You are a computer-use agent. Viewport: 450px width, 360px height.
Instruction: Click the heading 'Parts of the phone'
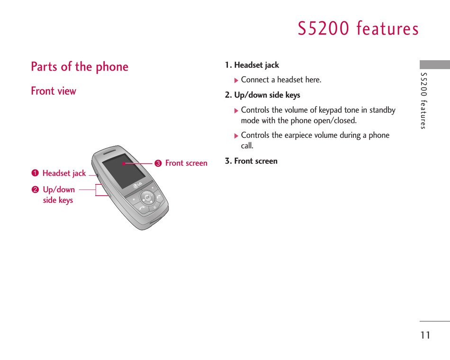pyautogui.click(x=80, y=67)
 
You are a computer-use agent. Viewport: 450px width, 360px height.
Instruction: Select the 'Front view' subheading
pyautogui.click(x=54, y=91)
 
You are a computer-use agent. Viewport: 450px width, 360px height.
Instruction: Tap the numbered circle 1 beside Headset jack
pyautogui.click(x=35, y=173)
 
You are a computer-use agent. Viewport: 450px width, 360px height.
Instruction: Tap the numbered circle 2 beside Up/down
pyautogui.click(x=35, y=189)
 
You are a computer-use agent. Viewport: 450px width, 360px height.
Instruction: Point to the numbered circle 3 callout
pyautogui.click(x=158, y=163)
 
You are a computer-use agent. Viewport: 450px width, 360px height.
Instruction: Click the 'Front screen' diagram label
pyautogui.click(x=186, y=163)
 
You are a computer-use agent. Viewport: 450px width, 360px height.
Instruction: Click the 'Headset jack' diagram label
pyautogui.click(x=64, y=173)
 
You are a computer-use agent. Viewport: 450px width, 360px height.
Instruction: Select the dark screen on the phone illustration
pyautogui.click(x=124, y=171)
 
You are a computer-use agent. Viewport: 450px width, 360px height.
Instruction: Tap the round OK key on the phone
pyautogui.click(x=147, y=198)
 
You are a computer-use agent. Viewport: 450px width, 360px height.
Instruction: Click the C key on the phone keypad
pyautogui.click(x=155, y=207)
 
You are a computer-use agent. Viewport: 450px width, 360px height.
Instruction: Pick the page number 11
pyautogui.click(x=425, y=335)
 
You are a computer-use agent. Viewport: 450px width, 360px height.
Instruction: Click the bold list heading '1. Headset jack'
pyautogui.click(x=252, y=65)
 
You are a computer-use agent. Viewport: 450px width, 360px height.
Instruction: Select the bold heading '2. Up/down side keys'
pyautogui.click(x=262, y=95)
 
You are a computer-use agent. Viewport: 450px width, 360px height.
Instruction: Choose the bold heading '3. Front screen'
pyautogui.click(x=251, y=161)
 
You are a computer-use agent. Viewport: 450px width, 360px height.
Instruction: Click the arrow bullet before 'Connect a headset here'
pyautogui.click(x=236, y=81)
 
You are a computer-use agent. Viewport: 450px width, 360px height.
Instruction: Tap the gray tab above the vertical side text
pyautogui.click(x=434, y=64)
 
